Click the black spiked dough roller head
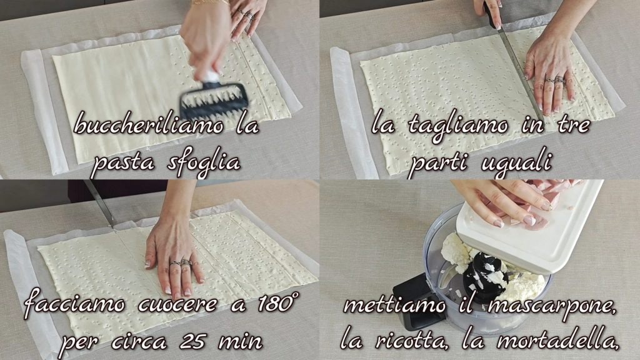tap(214, 100)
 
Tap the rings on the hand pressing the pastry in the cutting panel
tap(554, 81)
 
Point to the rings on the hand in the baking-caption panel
tap(181, 263)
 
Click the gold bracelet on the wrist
tap(209, 2)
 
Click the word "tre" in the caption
tap(573, 125)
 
